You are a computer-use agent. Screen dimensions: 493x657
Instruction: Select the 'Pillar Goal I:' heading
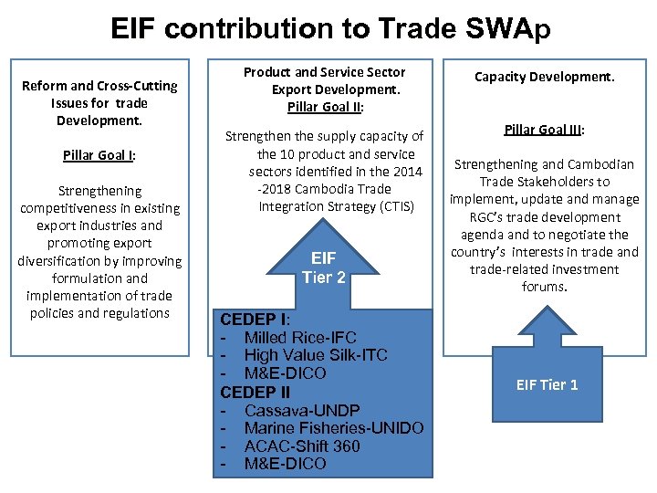click(99, 155)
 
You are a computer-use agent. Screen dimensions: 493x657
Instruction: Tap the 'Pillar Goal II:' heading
click(326, 107)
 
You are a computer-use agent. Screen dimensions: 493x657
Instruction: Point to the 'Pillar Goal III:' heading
click(544, 130)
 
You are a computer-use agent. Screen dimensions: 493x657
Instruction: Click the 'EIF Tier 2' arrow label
click(324, 267)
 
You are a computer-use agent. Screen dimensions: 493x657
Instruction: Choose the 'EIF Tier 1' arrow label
click(547, 384)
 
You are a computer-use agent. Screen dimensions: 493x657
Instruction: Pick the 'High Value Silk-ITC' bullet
click(315, 355)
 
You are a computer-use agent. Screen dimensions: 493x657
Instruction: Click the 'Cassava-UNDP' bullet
click(301, 410)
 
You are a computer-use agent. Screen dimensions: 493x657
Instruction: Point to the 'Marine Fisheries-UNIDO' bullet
click(333, 428)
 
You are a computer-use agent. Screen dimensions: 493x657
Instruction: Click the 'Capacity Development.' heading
click(544, 77)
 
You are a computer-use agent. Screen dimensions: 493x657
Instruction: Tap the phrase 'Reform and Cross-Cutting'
click(99, 86)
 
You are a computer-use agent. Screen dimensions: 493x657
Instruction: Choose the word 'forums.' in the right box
click(544, 287)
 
